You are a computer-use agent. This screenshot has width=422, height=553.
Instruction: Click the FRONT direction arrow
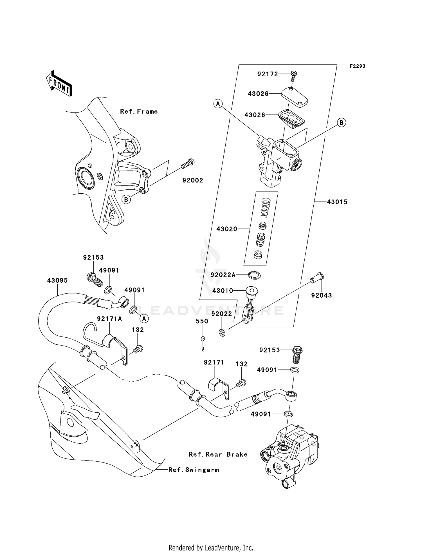pos(59,83)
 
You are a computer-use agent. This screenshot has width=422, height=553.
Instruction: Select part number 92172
pos(268,74)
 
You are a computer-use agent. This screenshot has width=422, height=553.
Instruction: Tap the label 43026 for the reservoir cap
pos(258,94)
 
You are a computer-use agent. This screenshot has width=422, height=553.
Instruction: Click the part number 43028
pos(255,115)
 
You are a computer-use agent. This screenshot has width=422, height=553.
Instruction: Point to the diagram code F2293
pos(357,66)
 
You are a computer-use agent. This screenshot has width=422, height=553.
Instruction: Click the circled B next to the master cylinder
pos(341,123)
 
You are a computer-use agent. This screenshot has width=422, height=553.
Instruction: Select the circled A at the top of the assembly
pos(218,104)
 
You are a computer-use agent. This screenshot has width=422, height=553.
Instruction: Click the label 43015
pos(337,202)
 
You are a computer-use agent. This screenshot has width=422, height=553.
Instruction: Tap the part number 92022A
pos(223,275)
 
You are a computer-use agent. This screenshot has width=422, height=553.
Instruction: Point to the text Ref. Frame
pos(139,112)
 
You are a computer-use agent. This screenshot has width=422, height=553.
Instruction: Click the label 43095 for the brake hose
pos(57,281)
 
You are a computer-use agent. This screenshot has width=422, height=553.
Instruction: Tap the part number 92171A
pos(109,319)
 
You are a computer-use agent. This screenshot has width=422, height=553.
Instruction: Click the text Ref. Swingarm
pos(194,470)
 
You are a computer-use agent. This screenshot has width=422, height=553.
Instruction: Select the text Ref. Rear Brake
pos(218,454)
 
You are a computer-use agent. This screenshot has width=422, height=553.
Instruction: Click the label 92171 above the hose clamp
pos(214,362)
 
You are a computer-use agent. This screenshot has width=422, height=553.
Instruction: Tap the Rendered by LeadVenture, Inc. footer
pos(211,548)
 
